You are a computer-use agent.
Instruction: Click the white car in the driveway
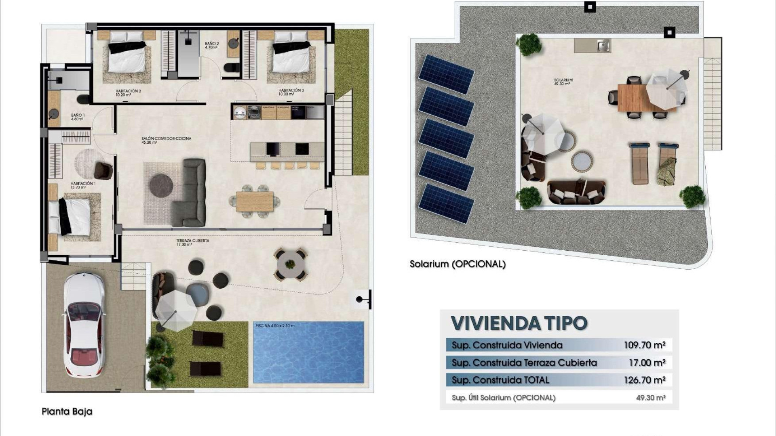(x=84, y=324)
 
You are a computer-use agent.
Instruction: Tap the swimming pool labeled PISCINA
(x=308, y=352)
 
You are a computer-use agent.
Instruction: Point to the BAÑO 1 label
(x=78, y=117)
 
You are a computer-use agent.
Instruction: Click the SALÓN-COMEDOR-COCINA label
(x=166, y=140)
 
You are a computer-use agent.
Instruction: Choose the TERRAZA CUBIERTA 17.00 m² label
(x=192, y=242)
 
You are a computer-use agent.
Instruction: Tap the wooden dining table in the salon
(x=255, y=201)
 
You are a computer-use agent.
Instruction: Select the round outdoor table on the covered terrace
(x=290, y=265)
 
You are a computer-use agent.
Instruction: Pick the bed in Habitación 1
(x=75, y=215)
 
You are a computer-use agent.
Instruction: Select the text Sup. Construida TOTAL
(x=500, y=380)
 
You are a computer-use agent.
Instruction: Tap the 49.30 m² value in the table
(x=650, y=398)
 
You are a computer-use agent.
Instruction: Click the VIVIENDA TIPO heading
(x=519, y=323)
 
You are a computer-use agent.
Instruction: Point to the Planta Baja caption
(x=67, y=411)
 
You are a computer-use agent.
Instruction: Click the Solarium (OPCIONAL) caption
(x=458, y=264)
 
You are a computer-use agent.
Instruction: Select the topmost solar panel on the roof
(x=446, y=73)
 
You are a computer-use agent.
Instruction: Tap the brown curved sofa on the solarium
(x=576, y=192)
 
